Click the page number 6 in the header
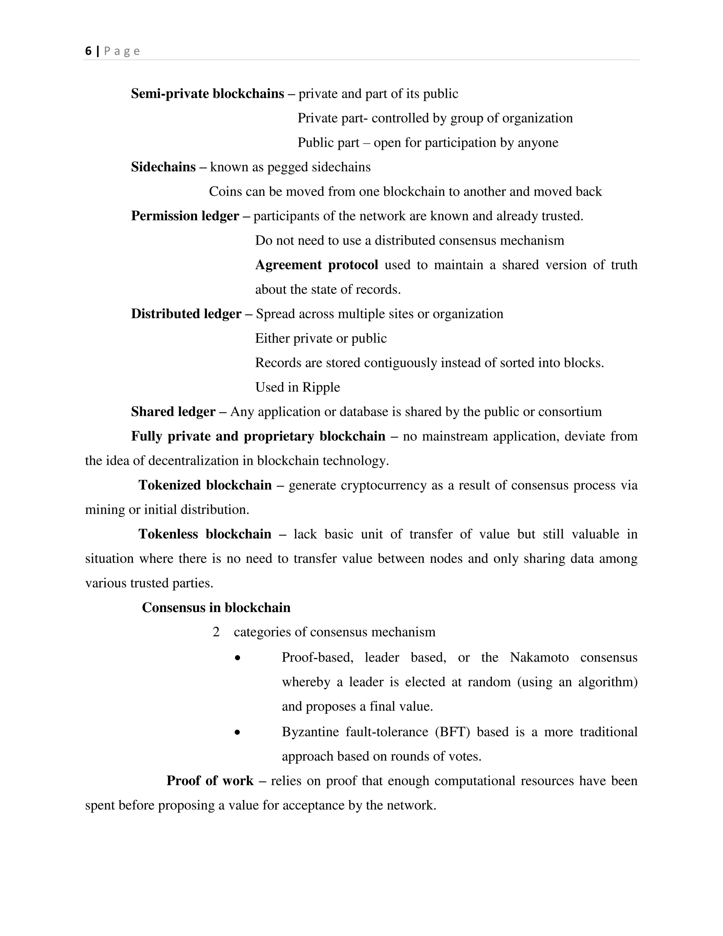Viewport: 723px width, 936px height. click(88, 51)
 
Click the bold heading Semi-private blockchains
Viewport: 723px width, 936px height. click(207, 94)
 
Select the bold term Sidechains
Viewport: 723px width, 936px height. click(163, 167)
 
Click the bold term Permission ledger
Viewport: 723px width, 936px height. click(185, 215)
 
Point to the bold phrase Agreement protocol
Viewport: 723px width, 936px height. click(317, 265)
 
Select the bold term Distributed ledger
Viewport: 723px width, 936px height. click(186, 314)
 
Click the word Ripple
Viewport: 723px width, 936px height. click(321, 387)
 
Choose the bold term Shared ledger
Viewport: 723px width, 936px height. click(173, 411)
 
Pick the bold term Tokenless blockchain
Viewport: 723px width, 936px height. click(205, 534)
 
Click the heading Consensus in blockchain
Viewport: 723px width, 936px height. click(216, 607)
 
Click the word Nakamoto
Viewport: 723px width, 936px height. click(539, 657)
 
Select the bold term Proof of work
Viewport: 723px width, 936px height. click(210, 781)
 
